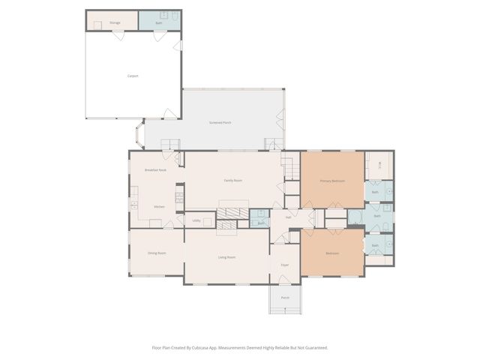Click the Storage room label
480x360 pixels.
point(115,22)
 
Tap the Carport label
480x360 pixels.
point(132,76)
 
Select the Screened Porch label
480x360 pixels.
point(220,122)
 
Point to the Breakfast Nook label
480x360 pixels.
point(155,170)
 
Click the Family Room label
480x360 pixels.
point(232,181)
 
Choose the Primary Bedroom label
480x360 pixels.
point(332,181)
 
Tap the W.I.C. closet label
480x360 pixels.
point(379,166)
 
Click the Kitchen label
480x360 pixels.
point(159,207)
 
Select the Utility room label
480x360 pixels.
point(196,220)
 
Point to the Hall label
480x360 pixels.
point(287,217)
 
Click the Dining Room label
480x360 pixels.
point(157,253)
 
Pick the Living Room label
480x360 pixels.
point(226,257)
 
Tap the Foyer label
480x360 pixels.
point(285,265)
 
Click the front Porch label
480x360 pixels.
point(285,298)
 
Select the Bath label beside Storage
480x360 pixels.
point(159,23)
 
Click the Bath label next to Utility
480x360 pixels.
point(261,223)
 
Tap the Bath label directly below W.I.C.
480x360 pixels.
point(375,192)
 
